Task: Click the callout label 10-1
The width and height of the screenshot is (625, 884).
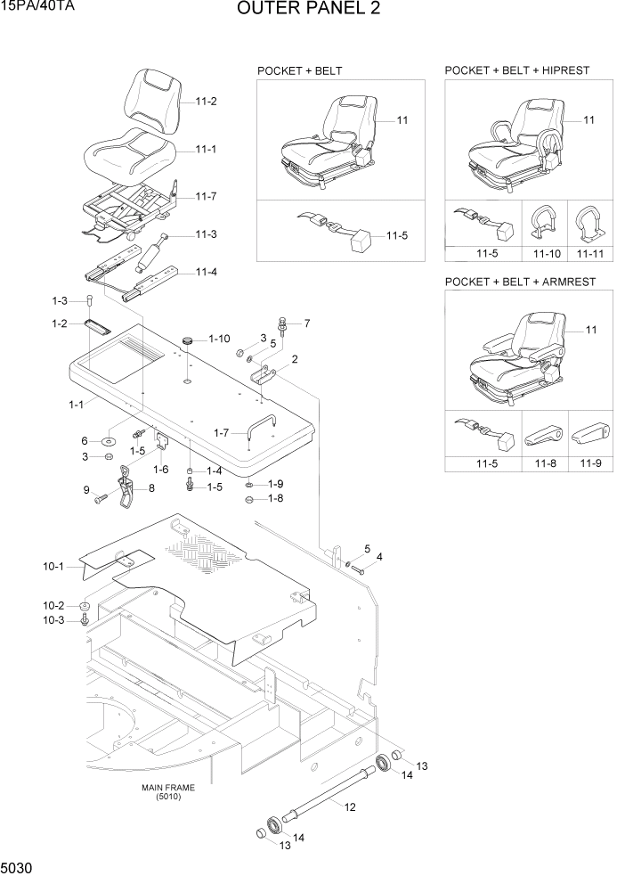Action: [x=53, y=567]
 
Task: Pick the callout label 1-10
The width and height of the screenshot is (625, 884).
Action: [x=219, y=339]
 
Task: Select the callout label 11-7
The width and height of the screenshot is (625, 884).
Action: [x=206, y=196]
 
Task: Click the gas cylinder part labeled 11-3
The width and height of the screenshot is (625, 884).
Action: [x=151, y=253]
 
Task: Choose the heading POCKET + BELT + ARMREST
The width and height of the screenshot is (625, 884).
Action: [x=520, y=282]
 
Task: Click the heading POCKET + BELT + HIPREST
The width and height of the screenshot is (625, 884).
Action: [x=516, y=70]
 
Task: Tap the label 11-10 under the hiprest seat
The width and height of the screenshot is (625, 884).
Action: [x=547, y=254]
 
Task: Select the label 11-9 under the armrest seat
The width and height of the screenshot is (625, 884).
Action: [x=589, y=464]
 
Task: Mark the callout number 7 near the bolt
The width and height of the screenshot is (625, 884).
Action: [x=306, y=323]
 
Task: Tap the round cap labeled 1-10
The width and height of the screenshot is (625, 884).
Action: [x=188, y=340]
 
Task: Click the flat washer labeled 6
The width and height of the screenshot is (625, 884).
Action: [x=108, y=441]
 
